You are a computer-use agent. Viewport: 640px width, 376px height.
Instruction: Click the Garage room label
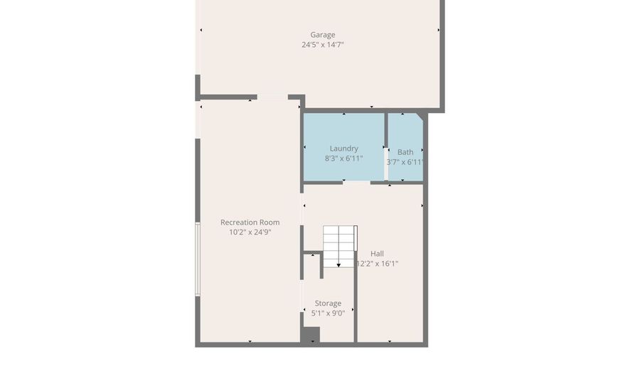(322, 35)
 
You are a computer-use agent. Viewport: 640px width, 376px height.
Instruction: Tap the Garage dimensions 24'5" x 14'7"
(322, 45)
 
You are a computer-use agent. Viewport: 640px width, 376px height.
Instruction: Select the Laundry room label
(343, 149)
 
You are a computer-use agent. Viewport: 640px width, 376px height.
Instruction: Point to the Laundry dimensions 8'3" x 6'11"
(343, 159)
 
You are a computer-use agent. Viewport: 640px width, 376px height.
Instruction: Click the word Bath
(405, 152)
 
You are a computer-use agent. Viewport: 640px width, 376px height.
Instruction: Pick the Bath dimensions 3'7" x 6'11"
(405, 162)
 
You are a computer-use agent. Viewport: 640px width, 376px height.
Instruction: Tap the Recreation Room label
(250, 222)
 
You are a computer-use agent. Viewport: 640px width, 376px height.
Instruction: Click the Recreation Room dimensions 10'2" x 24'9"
(250, 232)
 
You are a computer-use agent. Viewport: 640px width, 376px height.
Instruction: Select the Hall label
(377, 254)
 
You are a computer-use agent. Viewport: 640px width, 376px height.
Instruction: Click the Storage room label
(328, 304)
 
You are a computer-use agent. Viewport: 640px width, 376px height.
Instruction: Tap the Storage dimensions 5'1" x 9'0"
(328, 313)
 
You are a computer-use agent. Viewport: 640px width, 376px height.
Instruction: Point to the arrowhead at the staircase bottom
(339, 265)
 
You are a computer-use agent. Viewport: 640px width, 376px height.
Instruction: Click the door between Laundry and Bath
(386, 163)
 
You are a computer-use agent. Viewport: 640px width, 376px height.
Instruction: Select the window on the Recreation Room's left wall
(198, 259)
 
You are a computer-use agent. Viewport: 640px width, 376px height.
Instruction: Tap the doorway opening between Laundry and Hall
(356, 183)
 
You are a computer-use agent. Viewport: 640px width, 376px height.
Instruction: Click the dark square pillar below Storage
(310, 335)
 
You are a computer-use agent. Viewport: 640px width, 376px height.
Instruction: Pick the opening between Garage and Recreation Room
(272, 97)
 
